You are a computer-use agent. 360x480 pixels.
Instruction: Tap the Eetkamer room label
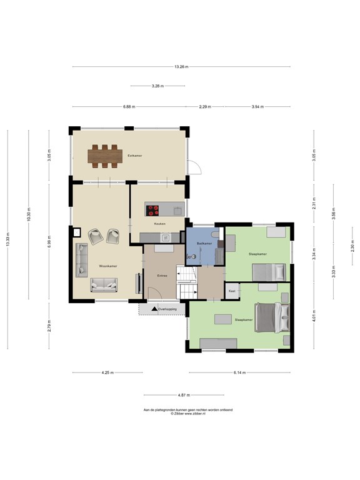point(133,154)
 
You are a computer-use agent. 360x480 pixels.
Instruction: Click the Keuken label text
point(159,223)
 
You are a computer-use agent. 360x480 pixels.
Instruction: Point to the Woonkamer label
point(108,266)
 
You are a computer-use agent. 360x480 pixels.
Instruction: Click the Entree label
point(162,276)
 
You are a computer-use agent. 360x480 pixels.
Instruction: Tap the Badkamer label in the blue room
point(204,242)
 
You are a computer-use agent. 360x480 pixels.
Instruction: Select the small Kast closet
point(232,291)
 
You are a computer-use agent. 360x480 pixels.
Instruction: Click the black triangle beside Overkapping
point(154,309)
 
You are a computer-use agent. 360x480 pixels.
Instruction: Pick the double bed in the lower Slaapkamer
point(271,316)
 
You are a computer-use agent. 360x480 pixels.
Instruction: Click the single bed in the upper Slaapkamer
point(269,272)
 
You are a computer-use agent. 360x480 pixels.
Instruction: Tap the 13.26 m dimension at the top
point(181,67)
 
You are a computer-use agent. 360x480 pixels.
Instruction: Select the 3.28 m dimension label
point(157,86)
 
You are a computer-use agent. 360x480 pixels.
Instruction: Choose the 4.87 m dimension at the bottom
point(183,395)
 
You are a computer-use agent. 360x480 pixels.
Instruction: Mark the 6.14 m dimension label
point(239,373)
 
